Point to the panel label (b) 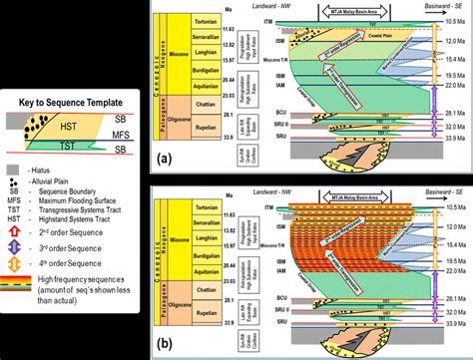(165, 338)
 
